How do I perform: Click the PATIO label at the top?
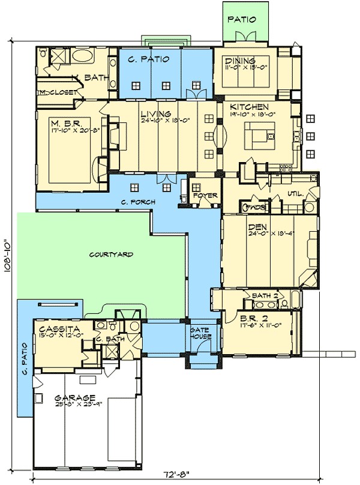(x=242, y=19)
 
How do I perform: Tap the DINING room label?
(x=239, y=61)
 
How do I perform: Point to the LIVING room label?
(x=156, y=113)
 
